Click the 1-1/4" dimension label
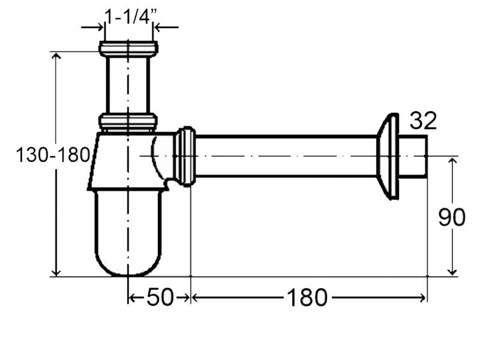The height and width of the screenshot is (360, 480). tap(131, 16)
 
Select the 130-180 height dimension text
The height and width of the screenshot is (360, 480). tap(53, 155)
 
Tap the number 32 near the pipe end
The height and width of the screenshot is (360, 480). tap(423, 121)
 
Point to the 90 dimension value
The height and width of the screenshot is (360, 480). tap(452, 217)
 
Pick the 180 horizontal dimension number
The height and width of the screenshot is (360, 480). tap(307, 298)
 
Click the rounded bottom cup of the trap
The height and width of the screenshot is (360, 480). tap(128, 233)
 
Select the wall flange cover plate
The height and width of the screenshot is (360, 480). tap(388, 156)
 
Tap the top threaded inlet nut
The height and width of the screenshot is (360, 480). tap(128, 49)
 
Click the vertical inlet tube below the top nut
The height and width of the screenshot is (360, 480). tap(128, 85)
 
